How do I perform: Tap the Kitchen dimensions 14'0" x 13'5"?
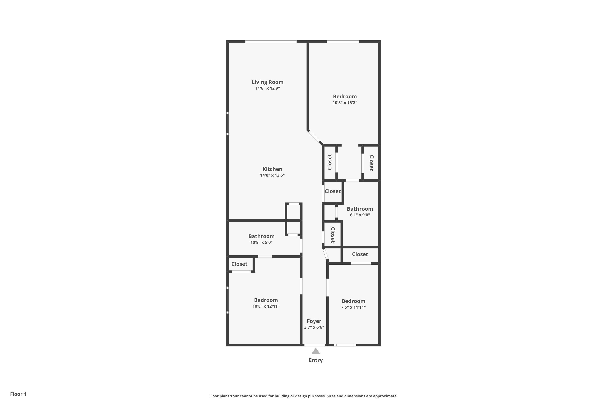point(272,175)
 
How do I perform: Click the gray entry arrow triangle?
point(316,351)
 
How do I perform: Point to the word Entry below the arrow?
point(316,360)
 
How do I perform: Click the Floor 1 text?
point(18,394)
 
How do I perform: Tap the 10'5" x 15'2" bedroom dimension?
point(345,103)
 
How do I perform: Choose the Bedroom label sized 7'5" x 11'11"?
point(353,301)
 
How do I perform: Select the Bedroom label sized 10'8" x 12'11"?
point(266,300)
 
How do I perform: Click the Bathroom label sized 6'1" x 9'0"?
point(360,209)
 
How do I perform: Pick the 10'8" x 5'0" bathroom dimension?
point(261,242)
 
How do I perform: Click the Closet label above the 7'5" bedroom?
point(360,254)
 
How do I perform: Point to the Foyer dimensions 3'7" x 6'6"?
point(314,327)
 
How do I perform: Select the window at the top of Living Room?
point(271,41)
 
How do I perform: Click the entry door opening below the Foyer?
point(315,345)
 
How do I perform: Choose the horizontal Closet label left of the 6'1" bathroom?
point(333,191)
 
